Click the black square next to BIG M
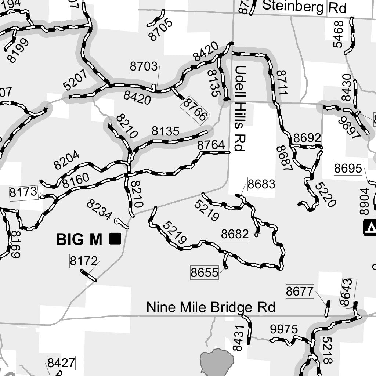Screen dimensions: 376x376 [115, 239]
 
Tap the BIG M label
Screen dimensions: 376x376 [79, 239]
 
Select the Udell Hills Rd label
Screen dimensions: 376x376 [240, 108]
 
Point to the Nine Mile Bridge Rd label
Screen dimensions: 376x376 [211, 307]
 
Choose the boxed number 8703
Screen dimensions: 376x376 [144, 66]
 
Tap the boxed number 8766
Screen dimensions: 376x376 [195, 109]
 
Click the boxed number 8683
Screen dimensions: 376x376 [261, 184]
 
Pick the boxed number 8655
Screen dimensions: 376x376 [204, 272]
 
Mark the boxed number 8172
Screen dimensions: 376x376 [84, 261]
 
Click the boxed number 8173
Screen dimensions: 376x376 [23, 192]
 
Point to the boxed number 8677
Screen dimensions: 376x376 [300, 292]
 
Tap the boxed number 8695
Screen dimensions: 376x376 [348, 169]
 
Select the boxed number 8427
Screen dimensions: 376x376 [61, 363]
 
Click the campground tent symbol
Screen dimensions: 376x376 [370, 227]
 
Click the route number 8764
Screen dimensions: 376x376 [211, 145]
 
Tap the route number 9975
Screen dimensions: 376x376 [284, 329]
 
